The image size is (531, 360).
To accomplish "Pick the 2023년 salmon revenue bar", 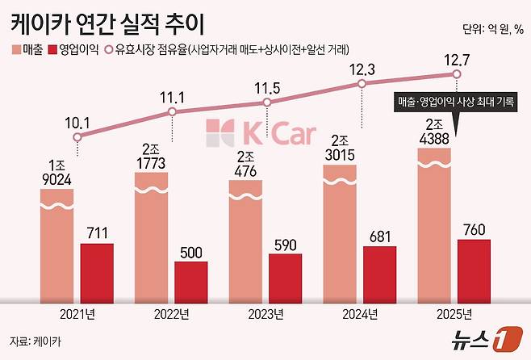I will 245,242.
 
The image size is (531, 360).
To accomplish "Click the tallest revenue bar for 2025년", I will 433,226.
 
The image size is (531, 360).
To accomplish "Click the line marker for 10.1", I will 77,137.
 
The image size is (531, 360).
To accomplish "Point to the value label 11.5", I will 266,86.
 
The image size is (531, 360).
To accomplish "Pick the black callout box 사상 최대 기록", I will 456,103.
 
